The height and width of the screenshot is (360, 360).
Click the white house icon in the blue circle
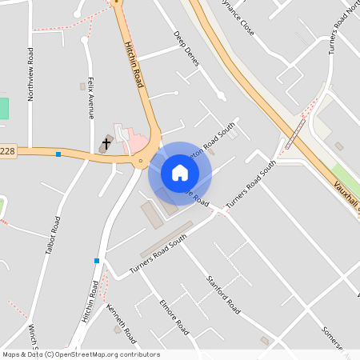(x=180, y=173)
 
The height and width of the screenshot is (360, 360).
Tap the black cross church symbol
(x=106, y=144)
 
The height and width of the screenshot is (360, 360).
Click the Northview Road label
(x=30, y=74)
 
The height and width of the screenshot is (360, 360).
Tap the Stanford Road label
(x=223, y=294)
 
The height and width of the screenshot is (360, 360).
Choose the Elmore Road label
(x=174, y=316)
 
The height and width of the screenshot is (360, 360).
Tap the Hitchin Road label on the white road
(x=90, y=302)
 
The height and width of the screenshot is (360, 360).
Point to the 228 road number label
(x=8, y=152)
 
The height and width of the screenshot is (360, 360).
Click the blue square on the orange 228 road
(x=58, y=154)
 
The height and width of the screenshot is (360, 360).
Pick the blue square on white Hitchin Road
(x=97, y=261)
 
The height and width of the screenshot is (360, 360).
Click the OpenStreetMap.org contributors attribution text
(x=108, y=354)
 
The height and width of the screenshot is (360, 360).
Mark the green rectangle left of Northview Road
(x=3, y=108)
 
